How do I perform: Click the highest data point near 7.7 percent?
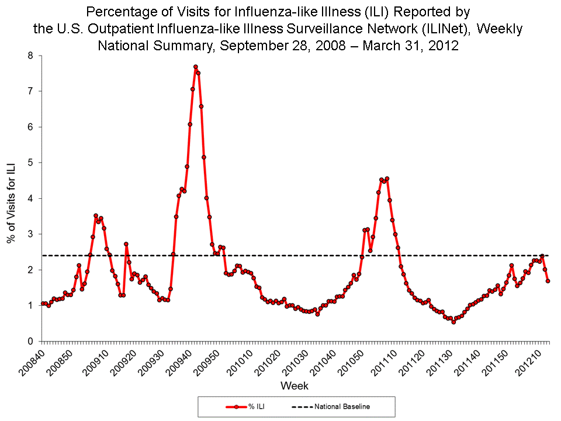coord(195,67)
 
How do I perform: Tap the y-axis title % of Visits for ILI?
coord(11,199)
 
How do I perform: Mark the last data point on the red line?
coord(548,281)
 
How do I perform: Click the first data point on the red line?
coord(43,303)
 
